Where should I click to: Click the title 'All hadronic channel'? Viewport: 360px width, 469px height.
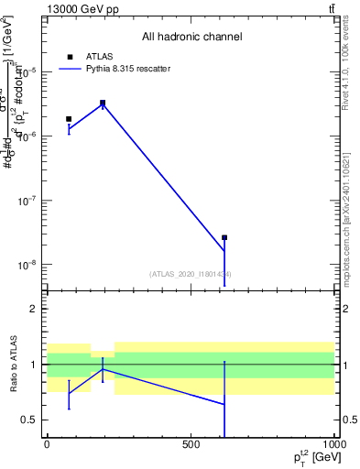tap(191, 38)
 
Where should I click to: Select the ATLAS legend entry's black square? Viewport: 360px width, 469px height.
tap(70, 56)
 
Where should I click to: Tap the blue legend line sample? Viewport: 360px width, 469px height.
tap(70, 69)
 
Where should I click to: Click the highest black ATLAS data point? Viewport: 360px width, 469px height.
tap(103, 103)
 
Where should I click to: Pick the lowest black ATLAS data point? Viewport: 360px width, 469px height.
tap(224, 237)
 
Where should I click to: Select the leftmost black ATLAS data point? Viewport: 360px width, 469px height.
tap(69, 119)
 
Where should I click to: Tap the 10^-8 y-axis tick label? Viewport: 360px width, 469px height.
tap(27, 265)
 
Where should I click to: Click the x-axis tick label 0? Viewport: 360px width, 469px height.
tap(47, 444)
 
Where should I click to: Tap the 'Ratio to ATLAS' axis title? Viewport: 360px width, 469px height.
tap(15, 364)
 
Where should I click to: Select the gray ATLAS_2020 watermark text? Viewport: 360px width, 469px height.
tap(191, 274)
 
